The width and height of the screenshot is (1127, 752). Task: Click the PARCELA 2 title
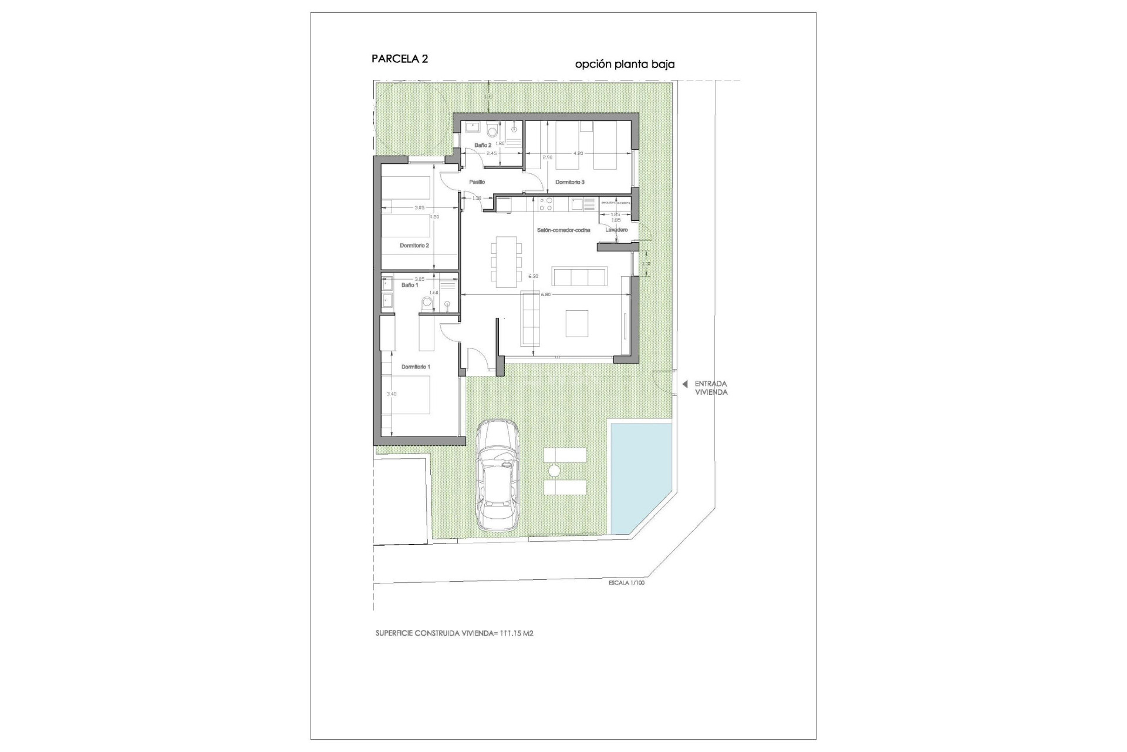[400, 59]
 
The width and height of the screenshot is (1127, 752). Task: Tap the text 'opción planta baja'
[625, 65]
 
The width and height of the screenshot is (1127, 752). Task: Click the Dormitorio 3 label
[569, 182]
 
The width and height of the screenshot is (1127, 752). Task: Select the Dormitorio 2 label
[414, 246]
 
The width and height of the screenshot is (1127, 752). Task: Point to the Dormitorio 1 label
[416, 367]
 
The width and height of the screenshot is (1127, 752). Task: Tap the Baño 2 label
[482, 145]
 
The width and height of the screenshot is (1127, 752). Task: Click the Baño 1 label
[410, 285]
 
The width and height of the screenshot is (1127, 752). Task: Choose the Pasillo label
[477, 182]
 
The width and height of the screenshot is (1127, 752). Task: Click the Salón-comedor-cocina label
[563, 230]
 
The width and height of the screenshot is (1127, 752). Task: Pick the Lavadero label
[616, 230]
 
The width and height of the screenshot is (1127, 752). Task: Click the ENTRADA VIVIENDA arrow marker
[684, 384]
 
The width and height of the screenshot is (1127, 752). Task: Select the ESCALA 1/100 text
[626, 583]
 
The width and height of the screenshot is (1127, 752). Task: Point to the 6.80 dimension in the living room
[545, 294]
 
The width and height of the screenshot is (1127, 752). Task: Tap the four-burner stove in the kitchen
[546, 204]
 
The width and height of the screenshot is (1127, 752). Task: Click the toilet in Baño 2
[492, 131]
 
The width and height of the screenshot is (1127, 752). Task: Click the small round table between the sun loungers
[554, 471]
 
